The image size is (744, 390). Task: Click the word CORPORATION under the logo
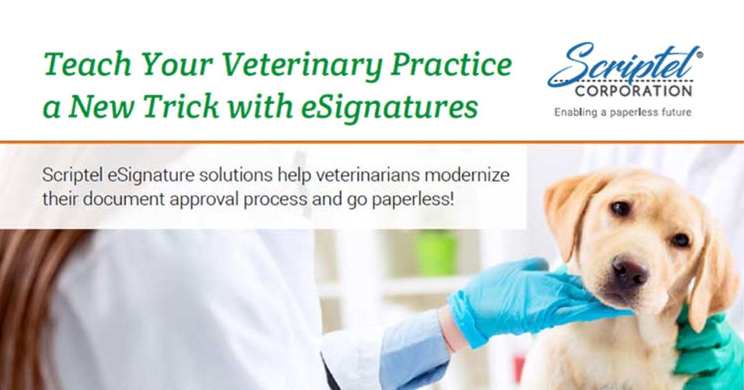[633, 91]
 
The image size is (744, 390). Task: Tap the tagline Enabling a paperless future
[622, 112]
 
